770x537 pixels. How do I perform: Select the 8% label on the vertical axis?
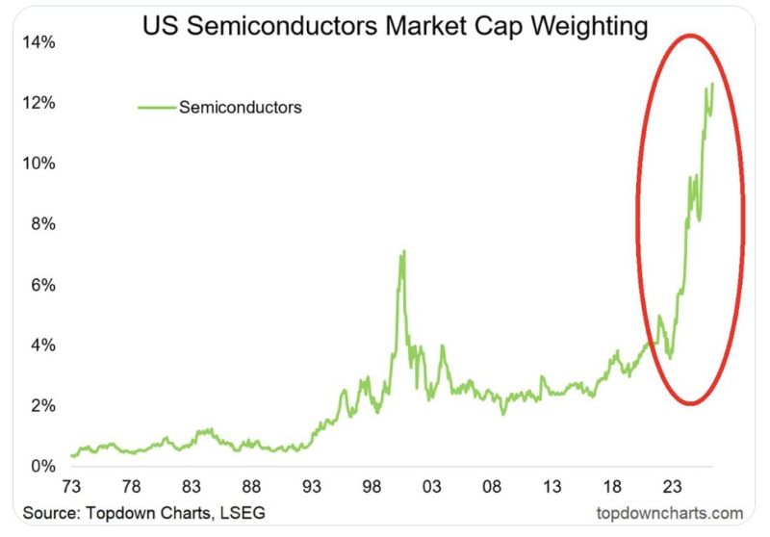tap(41, 224)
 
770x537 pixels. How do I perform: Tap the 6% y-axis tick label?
tap(41, 285)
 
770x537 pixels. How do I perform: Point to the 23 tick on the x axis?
tap(673, 486)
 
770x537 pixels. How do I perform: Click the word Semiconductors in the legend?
tap(240, 107)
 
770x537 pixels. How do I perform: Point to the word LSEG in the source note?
tap(244, 512)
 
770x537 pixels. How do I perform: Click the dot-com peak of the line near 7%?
tap(403, 251)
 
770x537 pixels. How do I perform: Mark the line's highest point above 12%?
tap(712, 84)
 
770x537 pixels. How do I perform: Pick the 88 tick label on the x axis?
tap(251, 486)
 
